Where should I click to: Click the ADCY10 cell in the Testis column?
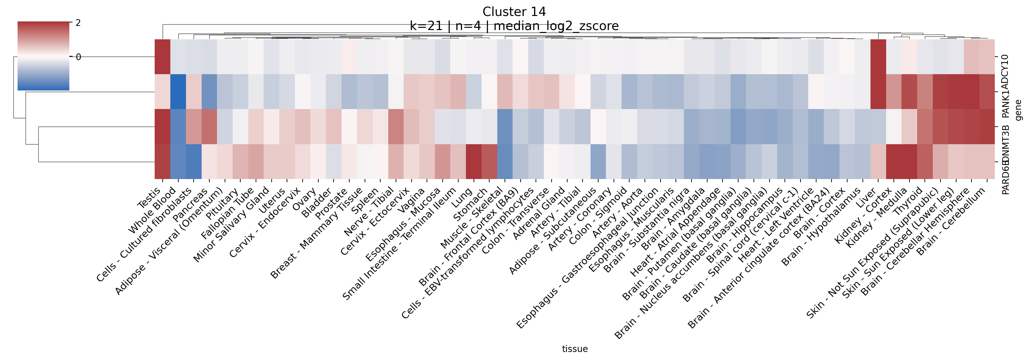[x=163, y=56]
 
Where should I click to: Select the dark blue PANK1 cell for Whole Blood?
[x=178, y=91]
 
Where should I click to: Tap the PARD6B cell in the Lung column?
[x=474, y=161]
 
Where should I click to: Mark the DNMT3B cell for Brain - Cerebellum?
[x=987, y=126]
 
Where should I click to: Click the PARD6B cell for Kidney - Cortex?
[x=894, y=161]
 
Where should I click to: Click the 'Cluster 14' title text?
[x=514, y=12]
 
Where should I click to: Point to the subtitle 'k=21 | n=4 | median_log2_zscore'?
[x=514, y=26]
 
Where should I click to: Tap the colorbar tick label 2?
[x=78, y=23]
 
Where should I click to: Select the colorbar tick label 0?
[x=78, y=57]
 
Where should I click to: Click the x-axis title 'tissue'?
[x=575, y=349]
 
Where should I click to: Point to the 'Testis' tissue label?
[x=150, y=198]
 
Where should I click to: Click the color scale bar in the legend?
[x=43, y=56]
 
